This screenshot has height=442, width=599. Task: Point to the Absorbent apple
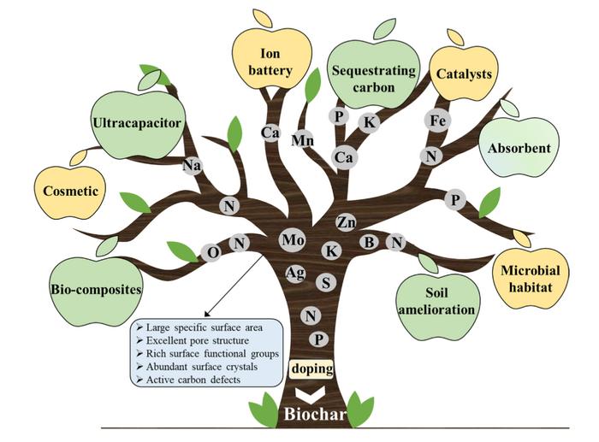pyautogui.click(x=519, y=148)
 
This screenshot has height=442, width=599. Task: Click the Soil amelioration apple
pyautogui.click(x=436, y=301)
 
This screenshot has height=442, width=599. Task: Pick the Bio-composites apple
pyautogui.click(x=95, y=289)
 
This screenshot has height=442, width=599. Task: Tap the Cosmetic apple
pyautogui.click(x=72, y=191)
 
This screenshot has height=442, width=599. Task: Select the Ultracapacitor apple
pyautogui.click(x=136, y=124)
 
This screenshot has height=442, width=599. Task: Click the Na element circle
pyautogui.click(x=192, y=166)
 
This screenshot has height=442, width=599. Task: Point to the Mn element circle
pyautogui.click(x=302, y=139)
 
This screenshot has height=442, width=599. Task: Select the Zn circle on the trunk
pyautogui.click(x=346, y=222)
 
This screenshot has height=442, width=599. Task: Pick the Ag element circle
pyautogui.click(x=297, y=273)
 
